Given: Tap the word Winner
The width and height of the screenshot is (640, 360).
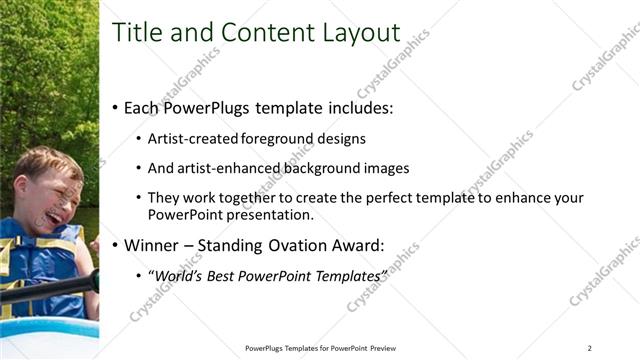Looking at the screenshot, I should [x=153, y=244].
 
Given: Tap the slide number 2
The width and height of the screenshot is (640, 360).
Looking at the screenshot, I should [x=590, y=348].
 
